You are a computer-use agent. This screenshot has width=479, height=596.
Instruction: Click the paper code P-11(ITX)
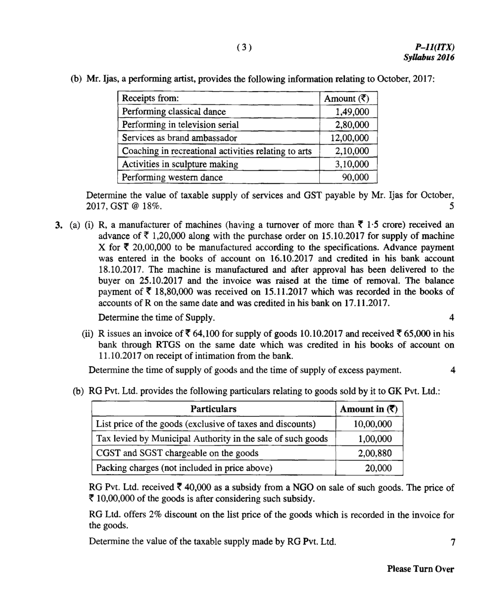point(435,47)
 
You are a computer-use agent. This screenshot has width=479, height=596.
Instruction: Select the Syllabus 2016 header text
point(429,57)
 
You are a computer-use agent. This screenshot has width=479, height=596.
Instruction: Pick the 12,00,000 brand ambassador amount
point(349,138)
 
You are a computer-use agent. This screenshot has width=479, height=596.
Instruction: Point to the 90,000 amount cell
point(355,177)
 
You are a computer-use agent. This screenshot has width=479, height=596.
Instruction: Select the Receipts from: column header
point(150,98)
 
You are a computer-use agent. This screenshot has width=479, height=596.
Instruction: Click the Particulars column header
point(213,409)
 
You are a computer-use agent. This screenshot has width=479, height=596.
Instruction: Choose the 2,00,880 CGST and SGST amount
point(375,453)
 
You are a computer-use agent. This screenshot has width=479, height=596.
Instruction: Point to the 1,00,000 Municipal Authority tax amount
point(375,439)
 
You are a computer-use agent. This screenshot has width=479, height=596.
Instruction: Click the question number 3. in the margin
point(59,225)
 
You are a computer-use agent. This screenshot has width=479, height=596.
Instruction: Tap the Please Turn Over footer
point(420,569)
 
